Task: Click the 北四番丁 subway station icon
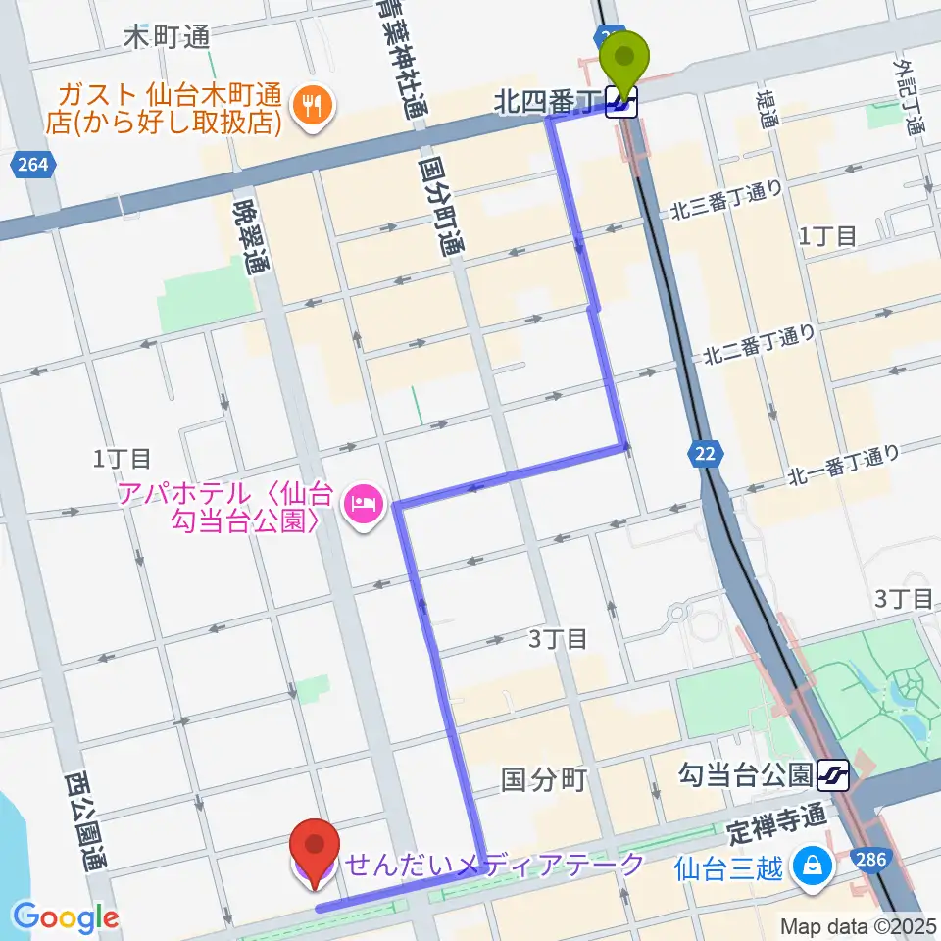pyautogui.click(x=621, y=101)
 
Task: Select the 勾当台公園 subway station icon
pyautogui.click(x=832, y=776)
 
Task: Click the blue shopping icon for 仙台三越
pyautogui.click(x=812, y=865)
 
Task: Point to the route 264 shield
pyautogui.click(x=31, y=166)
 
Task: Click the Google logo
pyautogui.click(x=67, y=917)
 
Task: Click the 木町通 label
pyautogui.click(x=168, y=38)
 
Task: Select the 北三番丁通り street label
pyautogui.click(x=726, y=201)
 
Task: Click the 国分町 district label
pyautogui.click(x=544, y=779)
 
